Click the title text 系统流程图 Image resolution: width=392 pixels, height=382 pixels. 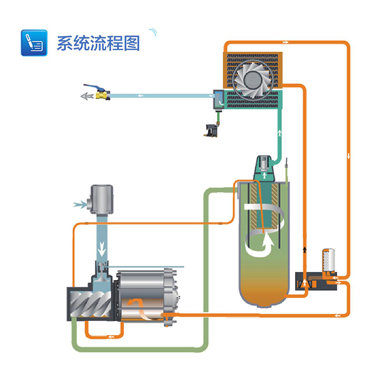pyautogui.click(x=98, y=43)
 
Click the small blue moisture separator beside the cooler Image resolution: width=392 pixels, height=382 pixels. pyautogui.click(x=218, y=99)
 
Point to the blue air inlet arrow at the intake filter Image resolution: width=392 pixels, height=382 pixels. pyautogui.click(x=78, y=204)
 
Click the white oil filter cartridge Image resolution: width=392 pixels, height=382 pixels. pyautogui.click(x=328, y=261)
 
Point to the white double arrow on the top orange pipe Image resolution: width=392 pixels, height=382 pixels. pyautogui.click(x=285, y=43)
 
